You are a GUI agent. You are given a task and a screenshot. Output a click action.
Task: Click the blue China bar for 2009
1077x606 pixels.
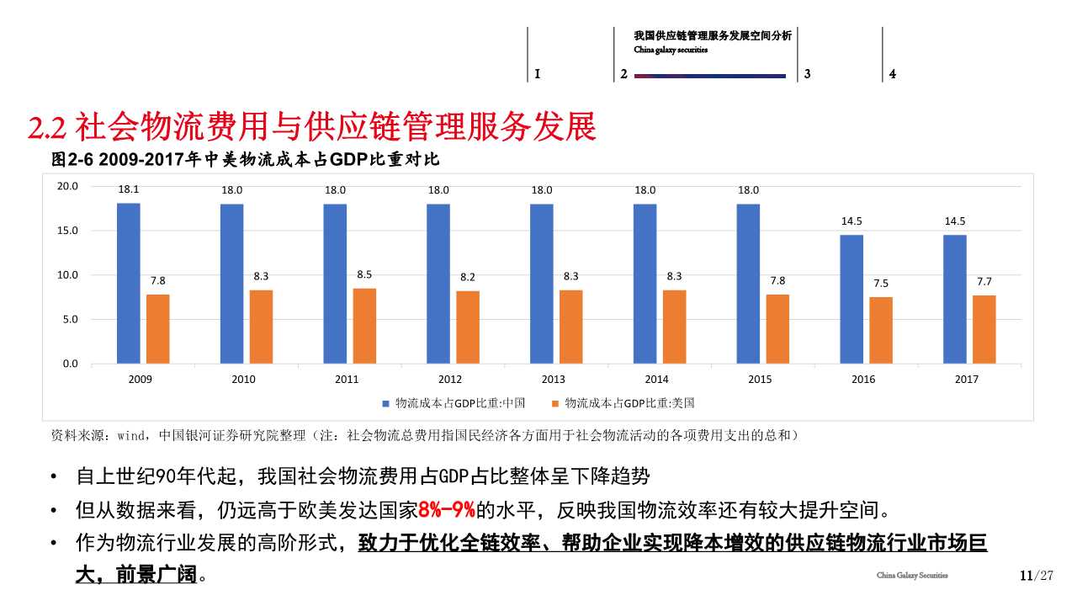click(129, 283)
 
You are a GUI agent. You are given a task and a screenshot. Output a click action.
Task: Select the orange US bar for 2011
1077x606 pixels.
click(364, 326)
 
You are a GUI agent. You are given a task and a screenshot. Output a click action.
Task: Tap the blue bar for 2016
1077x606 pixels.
click(852, 299)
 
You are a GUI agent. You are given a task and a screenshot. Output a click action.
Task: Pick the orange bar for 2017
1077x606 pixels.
click(984, 329)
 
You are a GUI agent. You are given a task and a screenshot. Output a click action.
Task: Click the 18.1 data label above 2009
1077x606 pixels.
click(129, 190)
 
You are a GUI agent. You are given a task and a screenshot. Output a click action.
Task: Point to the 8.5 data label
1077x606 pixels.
click(364, 274)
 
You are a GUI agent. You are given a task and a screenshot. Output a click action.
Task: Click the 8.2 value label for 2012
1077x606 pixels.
click(468, 277)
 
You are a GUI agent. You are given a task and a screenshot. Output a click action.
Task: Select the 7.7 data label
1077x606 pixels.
click(984, 282)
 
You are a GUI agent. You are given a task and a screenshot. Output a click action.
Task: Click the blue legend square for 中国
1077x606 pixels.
click(386, 404)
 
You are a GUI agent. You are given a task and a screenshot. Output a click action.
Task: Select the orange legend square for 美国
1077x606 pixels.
click(555, 404)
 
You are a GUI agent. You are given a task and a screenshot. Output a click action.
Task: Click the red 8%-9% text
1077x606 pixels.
click(446, 511)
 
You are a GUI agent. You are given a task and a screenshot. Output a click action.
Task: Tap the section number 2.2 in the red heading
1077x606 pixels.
click(47, 128)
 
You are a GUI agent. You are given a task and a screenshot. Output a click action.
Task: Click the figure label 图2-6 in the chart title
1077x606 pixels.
click(73, 159)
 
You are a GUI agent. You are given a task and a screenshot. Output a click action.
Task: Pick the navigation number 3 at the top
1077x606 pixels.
click(807, 74)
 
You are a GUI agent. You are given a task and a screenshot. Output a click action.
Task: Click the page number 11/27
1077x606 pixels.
click(1037, 576)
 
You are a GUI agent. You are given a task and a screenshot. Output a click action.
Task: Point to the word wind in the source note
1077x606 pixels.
click(131, 436)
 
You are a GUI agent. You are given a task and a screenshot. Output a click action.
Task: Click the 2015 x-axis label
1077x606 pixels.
click(760, 380)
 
